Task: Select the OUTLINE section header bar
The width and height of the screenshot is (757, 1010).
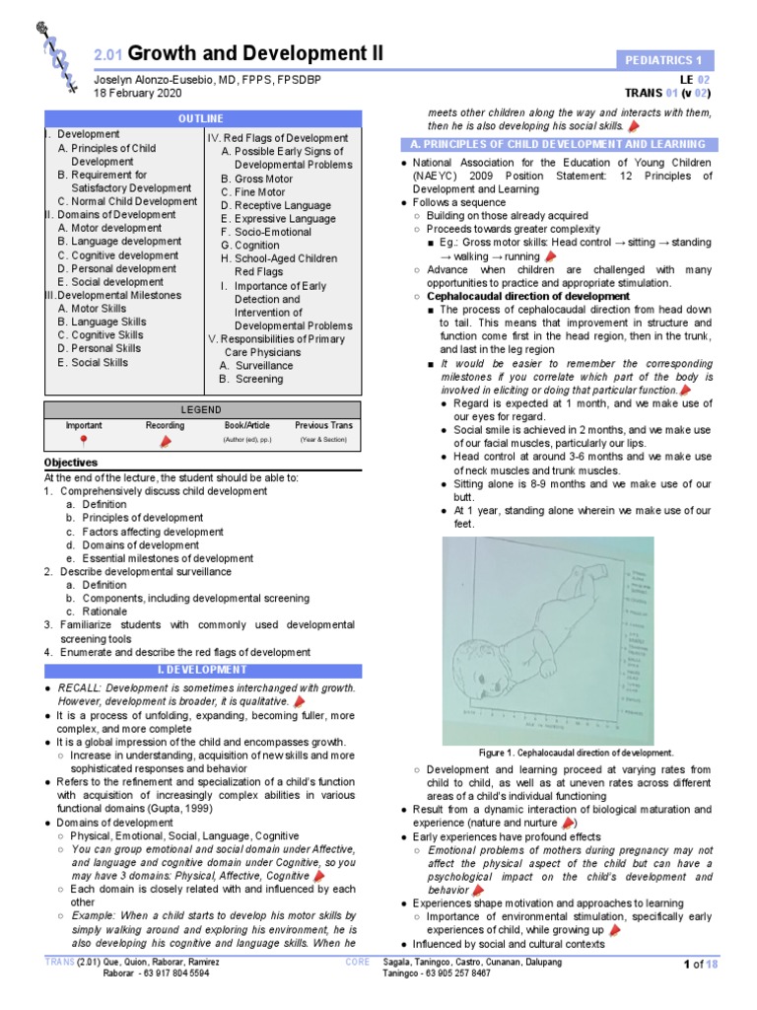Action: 202,118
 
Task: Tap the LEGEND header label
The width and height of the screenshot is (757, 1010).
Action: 201,410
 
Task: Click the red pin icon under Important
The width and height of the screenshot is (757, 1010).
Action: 83,440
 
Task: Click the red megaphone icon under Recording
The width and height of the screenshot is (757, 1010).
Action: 165,440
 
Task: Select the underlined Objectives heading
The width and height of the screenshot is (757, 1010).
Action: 71,463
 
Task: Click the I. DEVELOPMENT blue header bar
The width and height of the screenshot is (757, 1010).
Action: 202,671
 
